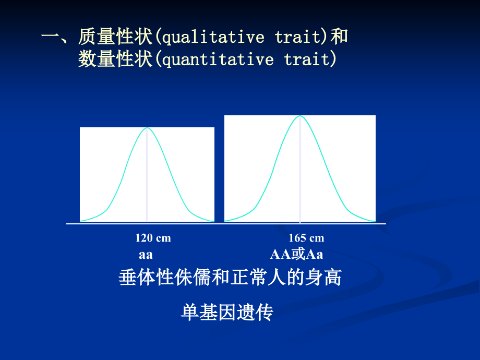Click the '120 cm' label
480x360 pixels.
pyautogui.click(x=153, y=238)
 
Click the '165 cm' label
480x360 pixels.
pyautogui.click(x=306, y=238)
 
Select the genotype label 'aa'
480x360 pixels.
pyautogui.click(x=146, y=255)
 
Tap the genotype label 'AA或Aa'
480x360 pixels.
pyautogui.click(x=296, y=255)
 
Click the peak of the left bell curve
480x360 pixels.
pyautogui.click(x=147, y=128)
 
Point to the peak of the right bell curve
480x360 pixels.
pyautogui.click(x=300, y=116)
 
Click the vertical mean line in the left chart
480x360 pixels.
pyautogui.click(x=147, y=177)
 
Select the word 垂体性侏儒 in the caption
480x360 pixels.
pyautogui.click(x=164, y=278)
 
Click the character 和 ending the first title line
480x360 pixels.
pyautogui.click(x=340, y=37)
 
